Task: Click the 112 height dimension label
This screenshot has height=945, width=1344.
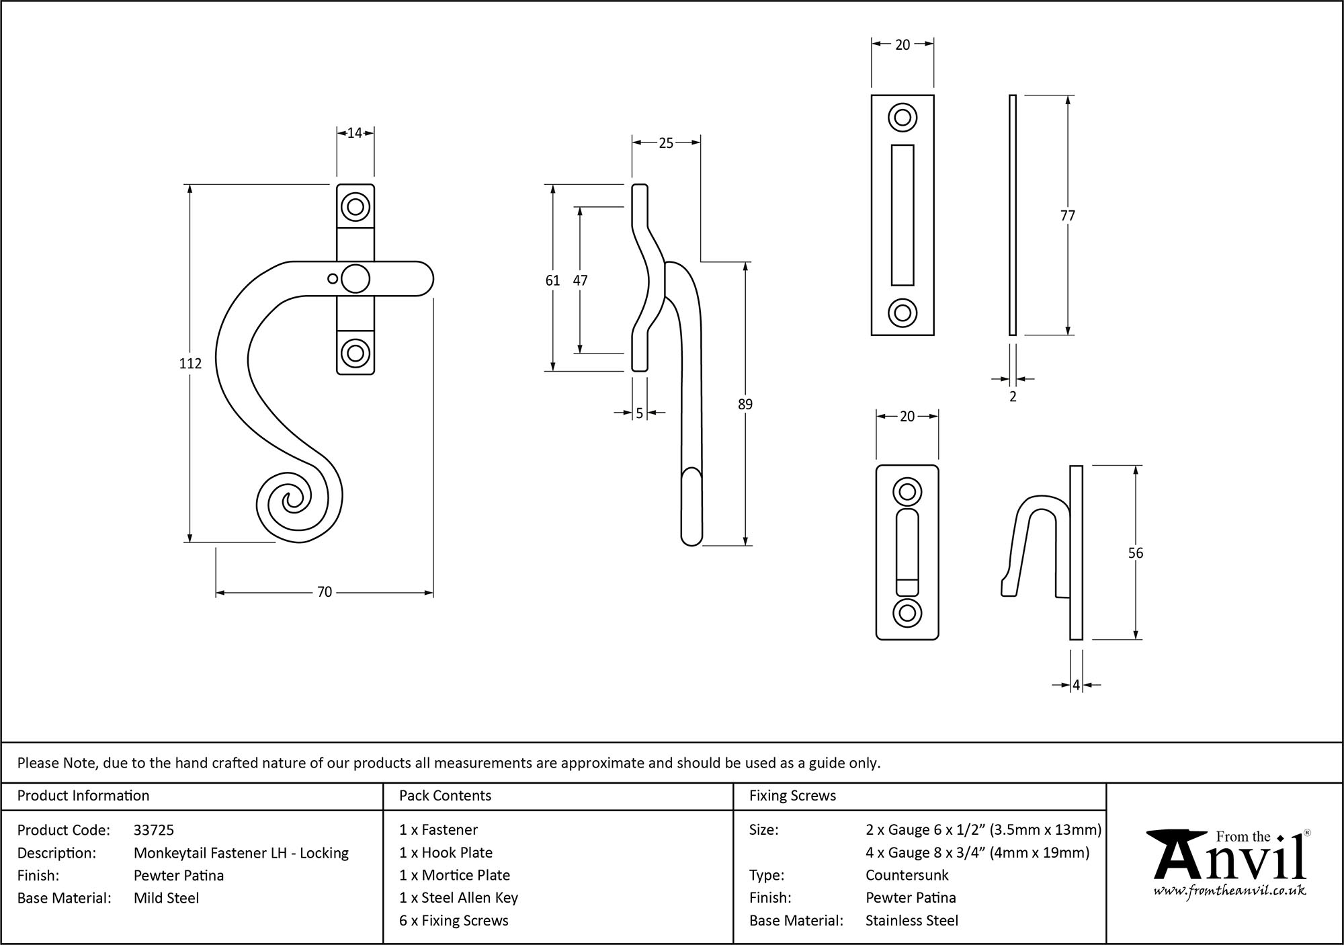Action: coord(190,364)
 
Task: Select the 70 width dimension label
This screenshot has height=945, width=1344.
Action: coord(325,592)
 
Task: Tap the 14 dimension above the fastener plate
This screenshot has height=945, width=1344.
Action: coord(355,133)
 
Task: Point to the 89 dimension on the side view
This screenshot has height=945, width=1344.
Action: coord(745,404)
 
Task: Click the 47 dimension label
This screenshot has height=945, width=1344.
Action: coord(580,280)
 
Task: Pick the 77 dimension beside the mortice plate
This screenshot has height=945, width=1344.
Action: coord(1067,216)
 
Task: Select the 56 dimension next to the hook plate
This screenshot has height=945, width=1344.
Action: coord(1135,553)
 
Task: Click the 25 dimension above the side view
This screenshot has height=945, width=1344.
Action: coord(665,142)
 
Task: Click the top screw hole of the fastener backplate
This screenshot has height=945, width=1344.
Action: coord(355,206)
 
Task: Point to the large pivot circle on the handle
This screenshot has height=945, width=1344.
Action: coord(355,279)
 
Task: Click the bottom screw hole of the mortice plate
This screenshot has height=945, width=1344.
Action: coord(902,313)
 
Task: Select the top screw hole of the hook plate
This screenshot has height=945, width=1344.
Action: coord(907,492)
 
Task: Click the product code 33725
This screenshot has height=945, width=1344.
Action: coord(154,830)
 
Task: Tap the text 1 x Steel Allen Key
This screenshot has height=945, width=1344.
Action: coord(458,898)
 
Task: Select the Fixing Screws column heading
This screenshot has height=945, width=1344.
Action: coord(792,796)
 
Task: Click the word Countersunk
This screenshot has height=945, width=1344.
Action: coord(907,875)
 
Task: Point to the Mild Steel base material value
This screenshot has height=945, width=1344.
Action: coord(166,898)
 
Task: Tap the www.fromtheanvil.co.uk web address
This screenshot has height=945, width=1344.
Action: coord(1229,891)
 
